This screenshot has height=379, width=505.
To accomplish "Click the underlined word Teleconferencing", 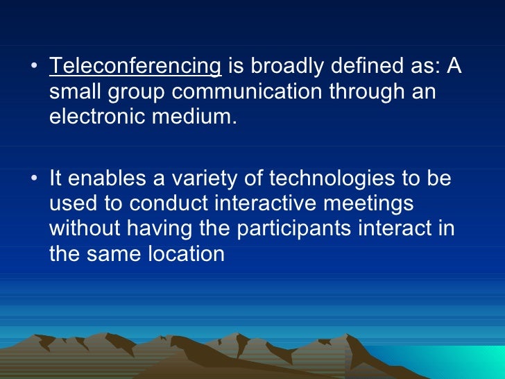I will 135,67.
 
